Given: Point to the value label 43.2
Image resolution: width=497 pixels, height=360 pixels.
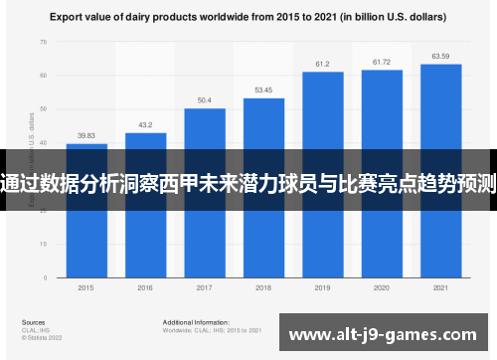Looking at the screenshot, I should tap(145, 125).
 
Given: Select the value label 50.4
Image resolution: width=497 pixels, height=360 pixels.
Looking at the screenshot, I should tap(204, 100).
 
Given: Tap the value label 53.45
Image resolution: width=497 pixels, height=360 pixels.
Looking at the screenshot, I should tap(263, 90).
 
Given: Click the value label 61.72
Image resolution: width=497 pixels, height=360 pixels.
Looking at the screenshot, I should tap(382, 63).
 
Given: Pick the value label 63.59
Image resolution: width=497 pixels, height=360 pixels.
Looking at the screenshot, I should tap(440, 56).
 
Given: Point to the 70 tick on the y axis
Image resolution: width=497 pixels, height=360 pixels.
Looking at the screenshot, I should tap(43, 43).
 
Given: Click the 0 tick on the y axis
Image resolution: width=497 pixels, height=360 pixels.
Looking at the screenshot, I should tap(45, 272).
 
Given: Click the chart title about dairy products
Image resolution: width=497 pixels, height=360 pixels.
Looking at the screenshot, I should tap(248, 16).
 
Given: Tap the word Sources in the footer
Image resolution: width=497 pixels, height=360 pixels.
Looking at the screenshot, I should tap(33, 323).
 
